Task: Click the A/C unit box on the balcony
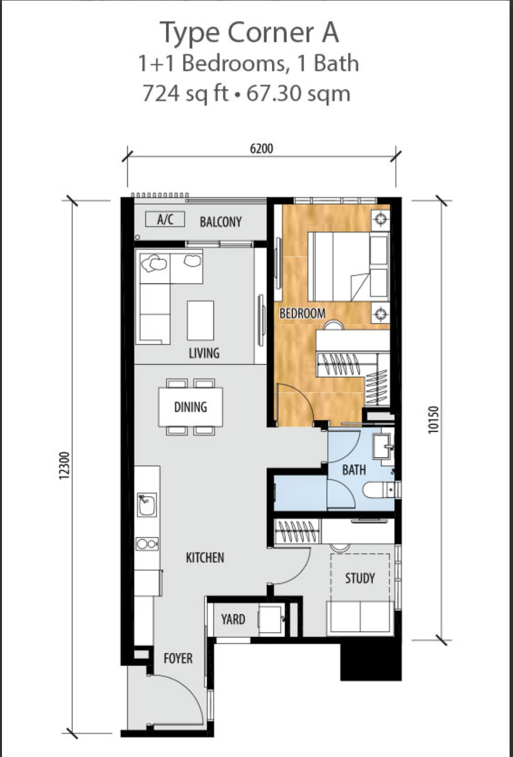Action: coord(165,220)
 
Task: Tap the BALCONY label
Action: coord(220,222)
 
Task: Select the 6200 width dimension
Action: coord(262,149)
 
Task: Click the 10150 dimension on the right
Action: coord(434,419)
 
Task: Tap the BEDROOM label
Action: coord(302,314)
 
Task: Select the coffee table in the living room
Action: coord(200,320)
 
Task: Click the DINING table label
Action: coord(191,407)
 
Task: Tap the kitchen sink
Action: coord(146,505)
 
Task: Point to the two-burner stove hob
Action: coord(147,544)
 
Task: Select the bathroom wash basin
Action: coord(384,446)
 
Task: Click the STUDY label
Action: coord(360,578)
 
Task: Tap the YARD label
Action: coord(233,619)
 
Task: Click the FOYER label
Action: coord(178,658)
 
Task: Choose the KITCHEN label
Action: coord(205,558)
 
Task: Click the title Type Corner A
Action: coord(249,33)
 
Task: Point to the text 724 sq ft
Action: coord(185,93)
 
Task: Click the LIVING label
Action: coord(204,353)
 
